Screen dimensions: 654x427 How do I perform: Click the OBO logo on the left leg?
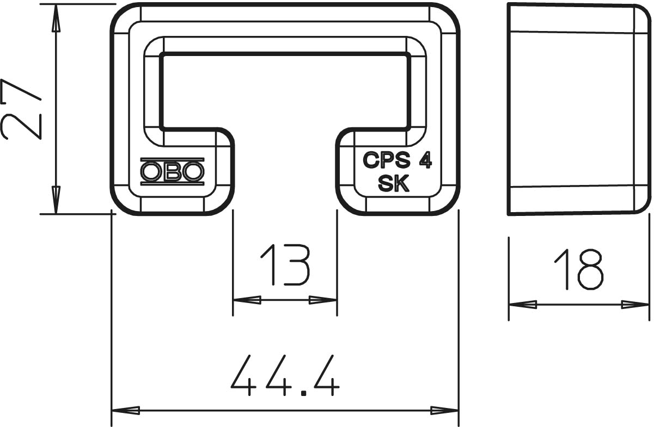coord(172,171)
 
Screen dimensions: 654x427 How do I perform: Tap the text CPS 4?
coord(397,160)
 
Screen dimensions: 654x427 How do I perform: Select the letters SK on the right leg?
coord(394,184)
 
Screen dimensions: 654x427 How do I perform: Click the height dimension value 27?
coord(21,109)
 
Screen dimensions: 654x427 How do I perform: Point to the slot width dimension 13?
coord(285,265)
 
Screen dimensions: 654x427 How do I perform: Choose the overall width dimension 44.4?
coord(285,375)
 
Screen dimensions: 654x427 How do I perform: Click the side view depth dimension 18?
coord(579,269)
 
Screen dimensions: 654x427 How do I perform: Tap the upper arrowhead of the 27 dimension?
coord(56,18)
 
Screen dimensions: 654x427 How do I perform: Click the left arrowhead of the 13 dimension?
coord(247,300)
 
